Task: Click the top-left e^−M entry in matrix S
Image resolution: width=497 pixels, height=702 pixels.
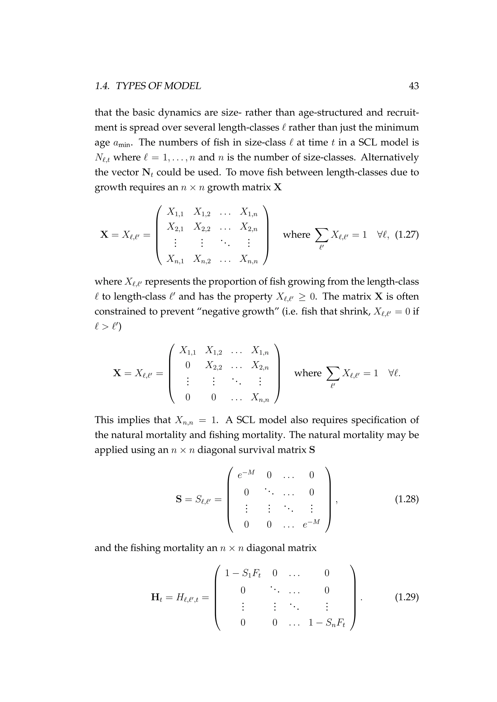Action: [246, 474]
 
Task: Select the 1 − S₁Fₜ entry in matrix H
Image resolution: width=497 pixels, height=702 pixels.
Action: [243, 573]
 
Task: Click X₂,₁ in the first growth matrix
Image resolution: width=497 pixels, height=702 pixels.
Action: [175, 227]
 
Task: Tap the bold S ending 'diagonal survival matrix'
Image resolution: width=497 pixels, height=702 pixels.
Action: [312, 450]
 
